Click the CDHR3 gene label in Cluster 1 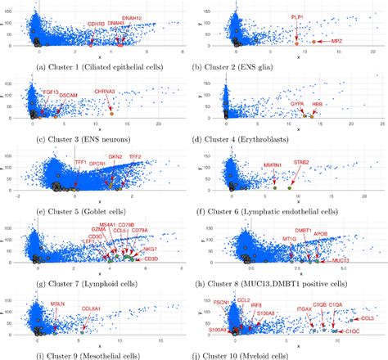pyautogui.click(x=97, y=25)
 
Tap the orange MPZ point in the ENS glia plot pyautogui.click(x=312, y=40)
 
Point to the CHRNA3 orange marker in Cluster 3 pyautogui.click(x=113, y=113)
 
